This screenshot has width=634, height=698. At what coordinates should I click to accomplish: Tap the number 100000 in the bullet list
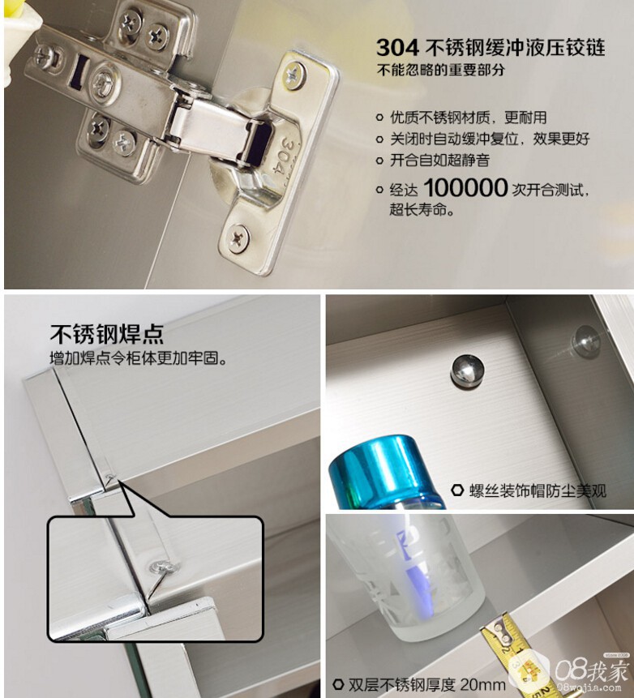pos(465,188)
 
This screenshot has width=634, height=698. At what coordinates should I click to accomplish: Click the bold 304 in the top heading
pos(397,48)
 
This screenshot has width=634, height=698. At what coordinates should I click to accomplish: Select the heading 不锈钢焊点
pos(107,334)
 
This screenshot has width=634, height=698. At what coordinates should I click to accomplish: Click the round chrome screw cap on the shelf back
pos(468,370)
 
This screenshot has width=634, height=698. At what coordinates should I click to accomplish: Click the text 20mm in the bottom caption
pos(482,683)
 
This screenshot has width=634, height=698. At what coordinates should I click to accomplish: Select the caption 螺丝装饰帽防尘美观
pos(538,491)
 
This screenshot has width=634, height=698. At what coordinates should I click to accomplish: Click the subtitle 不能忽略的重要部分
pos(441,70)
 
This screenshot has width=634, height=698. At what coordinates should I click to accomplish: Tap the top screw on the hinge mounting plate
pos(293,74)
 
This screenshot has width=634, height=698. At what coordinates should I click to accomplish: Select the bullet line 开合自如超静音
pos(439,161)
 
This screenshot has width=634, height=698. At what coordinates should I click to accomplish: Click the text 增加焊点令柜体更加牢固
pos(138,358)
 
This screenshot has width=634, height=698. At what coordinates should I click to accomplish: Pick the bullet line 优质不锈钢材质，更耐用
pos(468,118)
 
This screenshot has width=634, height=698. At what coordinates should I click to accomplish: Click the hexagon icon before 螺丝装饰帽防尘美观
pos(457,490)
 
